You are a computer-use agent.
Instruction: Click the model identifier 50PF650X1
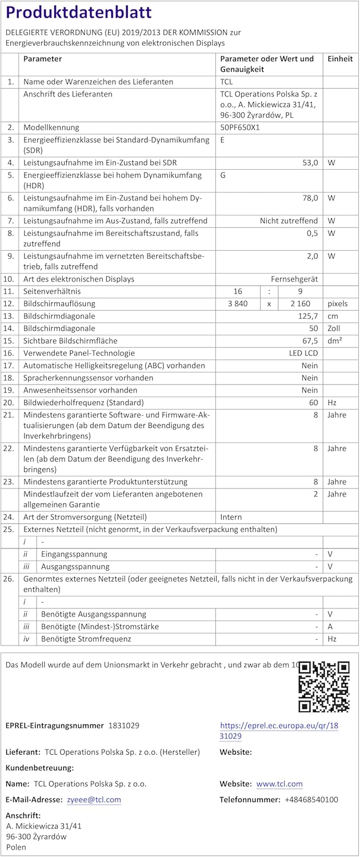[x=240, y=127]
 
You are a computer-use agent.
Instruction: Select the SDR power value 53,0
[x=310, y=163]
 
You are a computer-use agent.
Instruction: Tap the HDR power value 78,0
[x=310, y=198]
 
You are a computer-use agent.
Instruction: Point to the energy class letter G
[x=223, y=175]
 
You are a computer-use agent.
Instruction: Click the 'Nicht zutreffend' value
[x=289, y=221]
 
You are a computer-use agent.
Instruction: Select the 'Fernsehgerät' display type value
[x=294, y=279]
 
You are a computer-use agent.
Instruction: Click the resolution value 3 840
[x=237, y=304]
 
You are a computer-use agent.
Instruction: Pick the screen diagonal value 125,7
[x=308, y=317]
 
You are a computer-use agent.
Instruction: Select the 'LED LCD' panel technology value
[x=303, y=354]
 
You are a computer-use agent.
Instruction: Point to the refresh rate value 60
[x=313, y=403]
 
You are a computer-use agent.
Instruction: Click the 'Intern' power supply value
[x=231, y=517]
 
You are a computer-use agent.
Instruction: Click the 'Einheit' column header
[x=340, y=59]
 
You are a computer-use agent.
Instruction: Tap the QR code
[x=323, y=686]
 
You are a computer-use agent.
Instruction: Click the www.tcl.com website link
[x=279, y=784]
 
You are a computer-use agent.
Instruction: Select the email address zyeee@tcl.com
[x=93, y=800]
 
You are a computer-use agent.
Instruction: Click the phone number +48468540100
[x=311, y=800]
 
